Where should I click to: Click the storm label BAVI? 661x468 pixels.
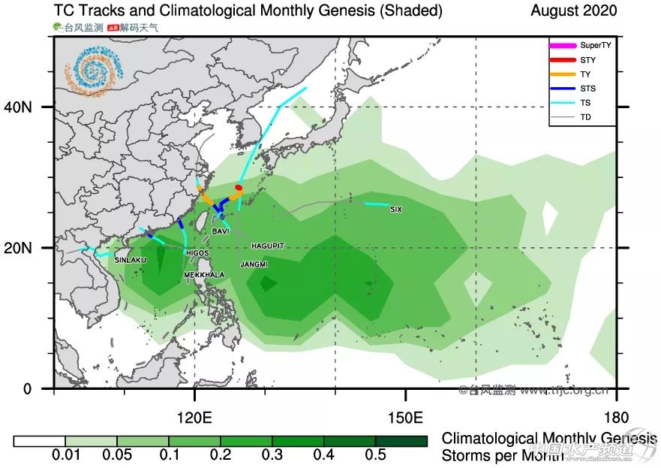click(x=221, y=231)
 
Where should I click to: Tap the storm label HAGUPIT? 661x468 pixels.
click(x=268, y=246)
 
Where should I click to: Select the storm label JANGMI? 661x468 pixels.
click(x=254, y=264)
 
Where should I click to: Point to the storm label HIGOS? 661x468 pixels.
click(x=197, y=253)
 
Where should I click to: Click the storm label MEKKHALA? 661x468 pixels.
click(x=204, y=275)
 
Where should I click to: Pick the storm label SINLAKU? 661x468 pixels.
click(x=130, y=260)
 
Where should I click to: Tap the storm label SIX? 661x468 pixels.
click(x=395, y=210)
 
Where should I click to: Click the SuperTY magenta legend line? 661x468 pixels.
click(x=562, y=46)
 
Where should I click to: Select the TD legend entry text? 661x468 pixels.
click(x=585, y=117)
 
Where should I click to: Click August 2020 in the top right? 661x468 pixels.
click(x=573, y=11)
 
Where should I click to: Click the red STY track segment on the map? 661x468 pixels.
click(x=239, y=188)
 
